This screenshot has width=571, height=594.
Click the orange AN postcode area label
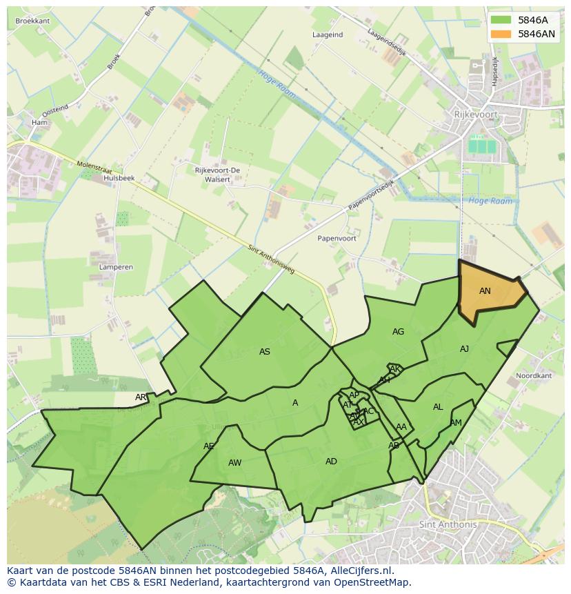[485, 291]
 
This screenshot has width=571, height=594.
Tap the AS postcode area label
[265, 352]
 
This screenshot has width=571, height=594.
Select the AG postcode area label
[398, 332]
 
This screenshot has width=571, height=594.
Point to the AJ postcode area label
[464, 349]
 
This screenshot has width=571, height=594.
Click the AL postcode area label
[438, 407]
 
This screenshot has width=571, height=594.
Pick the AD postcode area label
[331, 462]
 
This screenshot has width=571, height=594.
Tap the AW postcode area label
[234, 463]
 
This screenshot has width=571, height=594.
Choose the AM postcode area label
[456, 423]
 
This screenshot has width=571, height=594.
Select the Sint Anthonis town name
[448, 524]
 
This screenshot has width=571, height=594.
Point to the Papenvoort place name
[337, 238]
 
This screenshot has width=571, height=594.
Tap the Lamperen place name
[116, 266]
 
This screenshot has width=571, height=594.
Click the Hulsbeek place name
[119, 178]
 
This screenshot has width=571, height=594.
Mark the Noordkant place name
[534, 376]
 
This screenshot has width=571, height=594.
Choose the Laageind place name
[328, 34]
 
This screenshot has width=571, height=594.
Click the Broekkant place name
[32, 21]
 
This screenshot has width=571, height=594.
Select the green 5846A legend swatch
[501, 20]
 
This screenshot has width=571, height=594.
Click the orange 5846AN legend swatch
[501, 34]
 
